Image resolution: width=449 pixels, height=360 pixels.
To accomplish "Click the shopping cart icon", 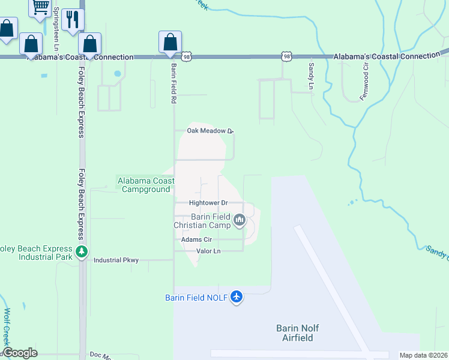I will coord(41,7).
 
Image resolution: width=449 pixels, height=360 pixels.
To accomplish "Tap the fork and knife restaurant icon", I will coord(73,19).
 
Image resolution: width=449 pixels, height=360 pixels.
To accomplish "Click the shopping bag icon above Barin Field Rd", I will coord(170,42).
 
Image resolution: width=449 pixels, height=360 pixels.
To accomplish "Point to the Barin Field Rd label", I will coord(173,84).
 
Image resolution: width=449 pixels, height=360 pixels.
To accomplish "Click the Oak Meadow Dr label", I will coord(209,131).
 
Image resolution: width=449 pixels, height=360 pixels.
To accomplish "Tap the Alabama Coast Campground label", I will coord(146,185).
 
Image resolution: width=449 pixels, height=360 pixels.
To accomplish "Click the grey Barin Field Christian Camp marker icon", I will coord(240,221).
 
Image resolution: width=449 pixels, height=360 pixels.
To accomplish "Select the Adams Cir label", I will coord(197,239).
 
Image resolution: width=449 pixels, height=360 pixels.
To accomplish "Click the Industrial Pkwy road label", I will coord(116,260).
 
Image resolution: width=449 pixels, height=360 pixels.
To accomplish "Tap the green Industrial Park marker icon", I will coord(82,251).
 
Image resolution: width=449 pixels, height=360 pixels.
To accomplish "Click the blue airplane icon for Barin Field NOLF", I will coord(237,297).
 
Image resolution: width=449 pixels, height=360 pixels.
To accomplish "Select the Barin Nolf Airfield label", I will coord(297,333).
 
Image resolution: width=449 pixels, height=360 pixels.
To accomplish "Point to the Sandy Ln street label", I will coord(311,76).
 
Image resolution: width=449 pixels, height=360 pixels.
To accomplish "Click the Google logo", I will coord(20,353).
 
